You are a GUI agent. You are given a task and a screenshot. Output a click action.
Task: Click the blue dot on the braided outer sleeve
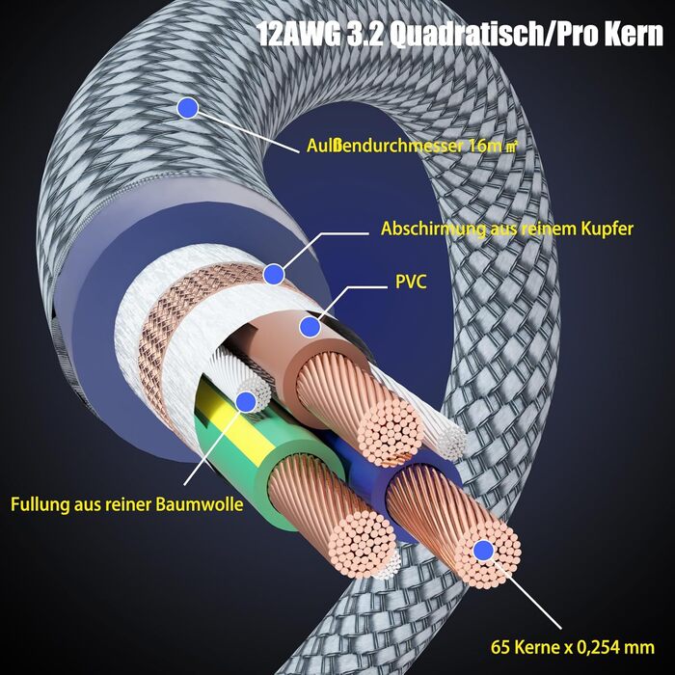[187, 107]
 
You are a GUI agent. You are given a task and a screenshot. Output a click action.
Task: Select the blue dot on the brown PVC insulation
[309, 327]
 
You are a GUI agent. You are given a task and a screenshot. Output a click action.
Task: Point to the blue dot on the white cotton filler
[247, 399]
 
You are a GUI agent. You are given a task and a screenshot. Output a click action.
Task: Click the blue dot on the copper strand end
[483, 551]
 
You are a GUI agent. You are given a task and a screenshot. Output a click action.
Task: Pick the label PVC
[411, 284]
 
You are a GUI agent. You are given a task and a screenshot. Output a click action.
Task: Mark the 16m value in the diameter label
[482, 146]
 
